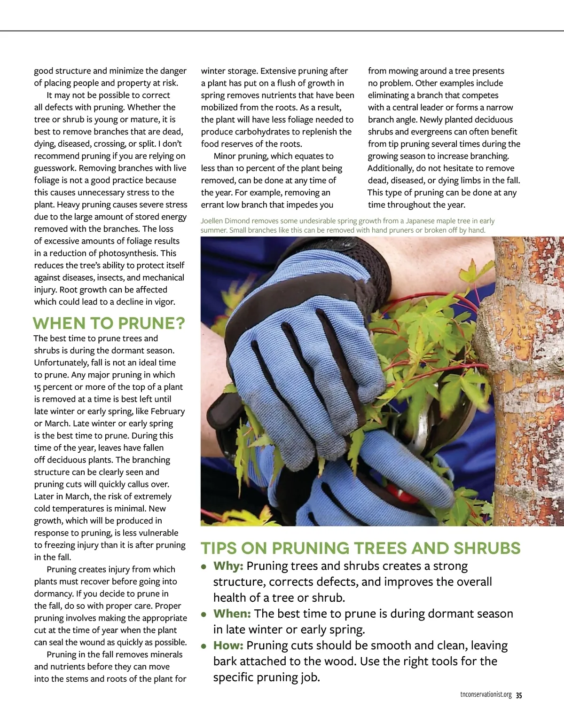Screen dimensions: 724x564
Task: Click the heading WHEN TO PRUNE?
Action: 109,323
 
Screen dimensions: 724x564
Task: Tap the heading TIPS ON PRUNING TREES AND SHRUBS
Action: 360,548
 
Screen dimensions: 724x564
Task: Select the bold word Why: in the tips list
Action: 228,566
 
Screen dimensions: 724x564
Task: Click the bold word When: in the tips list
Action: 232,614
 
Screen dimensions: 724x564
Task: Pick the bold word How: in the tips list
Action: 228,645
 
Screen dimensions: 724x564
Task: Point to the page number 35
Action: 519,695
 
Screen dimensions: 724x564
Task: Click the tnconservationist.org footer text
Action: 486,695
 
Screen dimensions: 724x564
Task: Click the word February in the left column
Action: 168,411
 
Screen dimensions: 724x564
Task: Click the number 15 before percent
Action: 38,387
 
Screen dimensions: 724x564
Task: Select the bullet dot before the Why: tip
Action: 204,567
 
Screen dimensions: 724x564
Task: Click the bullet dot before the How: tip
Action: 204,646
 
